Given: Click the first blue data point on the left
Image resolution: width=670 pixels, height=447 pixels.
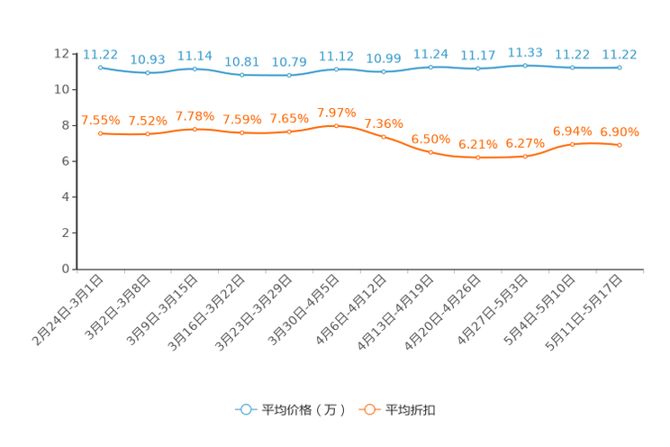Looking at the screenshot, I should pyautogui.click(x=100, y=66).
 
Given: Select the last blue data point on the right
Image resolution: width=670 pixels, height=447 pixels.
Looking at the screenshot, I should pyautogui.click(x=620, y=67).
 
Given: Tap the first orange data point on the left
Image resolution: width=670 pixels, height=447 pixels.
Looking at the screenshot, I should pyautogui.click(x=100, y=133).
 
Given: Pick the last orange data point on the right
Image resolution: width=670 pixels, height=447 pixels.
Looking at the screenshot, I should pyautogui.click(x=620, y=145).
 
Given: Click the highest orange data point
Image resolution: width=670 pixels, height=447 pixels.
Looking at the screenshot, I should pyautogui.click(x=336, y=126).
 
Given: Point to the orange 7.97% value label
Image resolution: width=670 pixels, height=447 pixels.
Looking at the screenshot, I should pyautogui.click(x=336, y=113).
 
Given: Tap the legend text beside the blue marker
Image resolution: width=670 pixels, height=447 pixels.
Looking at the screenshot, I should pyautogui.click(x=303, y=410).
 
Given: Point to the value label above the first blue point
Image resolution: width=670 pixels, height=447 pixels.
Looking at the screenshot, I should pyautogui.click(x=100, y=53).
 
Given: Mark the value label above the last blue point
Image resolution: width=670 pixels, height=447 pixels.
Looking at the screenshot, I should pyautogui.click(x=620, y=54).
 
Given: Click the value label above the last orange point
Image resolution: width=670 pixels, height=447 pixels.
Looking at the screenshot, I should pyautogui.click(x=620, y=132).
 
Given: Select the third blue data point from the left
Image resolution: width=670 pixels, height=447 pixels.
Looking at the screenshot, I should pyautogui.click(x=195, y=68).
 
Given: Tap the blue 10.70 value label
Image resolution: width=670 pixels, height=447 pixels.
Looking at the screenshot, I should pyautogui.click(x=289, y=62).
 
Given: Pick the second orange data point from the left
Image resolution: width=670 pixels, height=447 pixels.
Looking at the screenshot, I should pyautogui.click(x=148, y=134).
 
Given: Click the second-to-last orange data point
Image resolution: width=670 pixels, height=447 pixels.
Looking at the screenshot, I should pyautogui.click(x=572, y=144).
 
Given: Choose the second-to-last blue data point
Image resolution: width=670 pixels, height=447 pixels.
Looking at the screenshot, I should pyautogui.click(x=572, y=68).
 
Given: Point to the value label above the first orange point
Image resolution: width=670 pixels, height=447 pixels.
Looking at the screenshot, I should pyautogui.click(x=100, y=121).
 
